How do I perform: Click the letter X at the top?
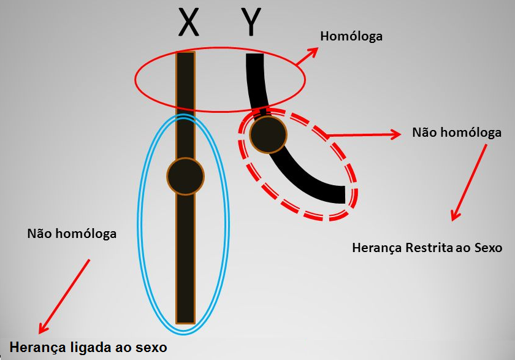tap(188, 23)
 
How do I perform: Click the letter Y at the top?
tap(251, 23)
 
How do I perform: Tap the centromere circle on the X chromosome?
tap(185, 176)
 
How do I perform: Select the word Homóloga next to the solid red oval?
tap(351, 36)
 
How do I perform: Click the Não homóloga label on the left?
tap(72, 234)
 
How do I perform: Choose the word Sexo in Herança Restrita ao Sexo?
tap(487, 248)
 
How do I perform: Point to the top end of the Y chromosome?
tap(254, 57)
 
